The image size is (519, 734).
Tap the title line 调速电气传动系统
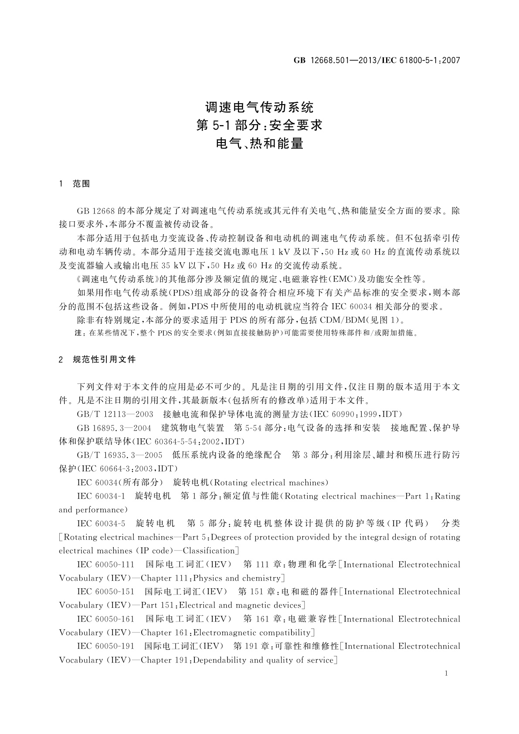[x=259, y=107]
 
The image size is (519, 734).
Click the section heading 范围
[x=81, y=184]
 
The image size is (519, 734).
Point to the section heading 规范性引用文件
[x=105, y=360]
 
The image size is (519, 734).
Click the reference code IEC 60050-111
[x=106, y=564]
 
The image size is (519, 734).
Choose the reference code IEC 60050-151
[x=105, y=591]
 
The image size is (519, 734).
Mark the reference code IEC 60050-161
[x=106, y=619]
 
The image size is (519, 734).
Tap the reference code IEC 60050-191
[x=105, y=646]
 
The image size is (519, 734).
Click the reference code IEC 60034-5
[x=101, y=523]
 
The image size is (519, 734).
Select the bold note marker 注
[x=79, y=333]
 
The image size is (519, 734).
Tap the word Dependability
[x=220, y=660]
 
